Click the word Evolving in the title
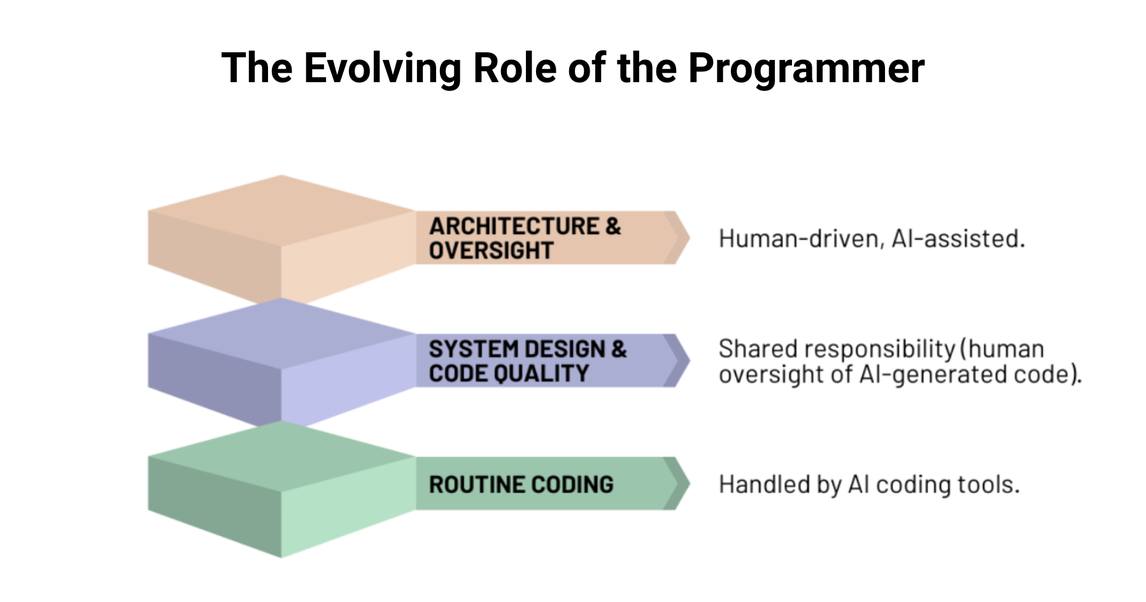point(382,68)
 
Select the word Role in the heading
point(514,68)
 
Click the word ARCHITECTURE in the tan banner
point(514,226)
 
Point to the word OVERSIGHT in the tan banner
point(491,250)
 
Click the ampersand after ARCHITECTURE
point(613,226)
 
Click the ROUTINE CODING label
point(521,485)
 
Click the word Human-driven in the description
point(800,239)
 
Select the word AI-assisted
point(958,239)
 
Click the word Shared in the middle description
point(758,349)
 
